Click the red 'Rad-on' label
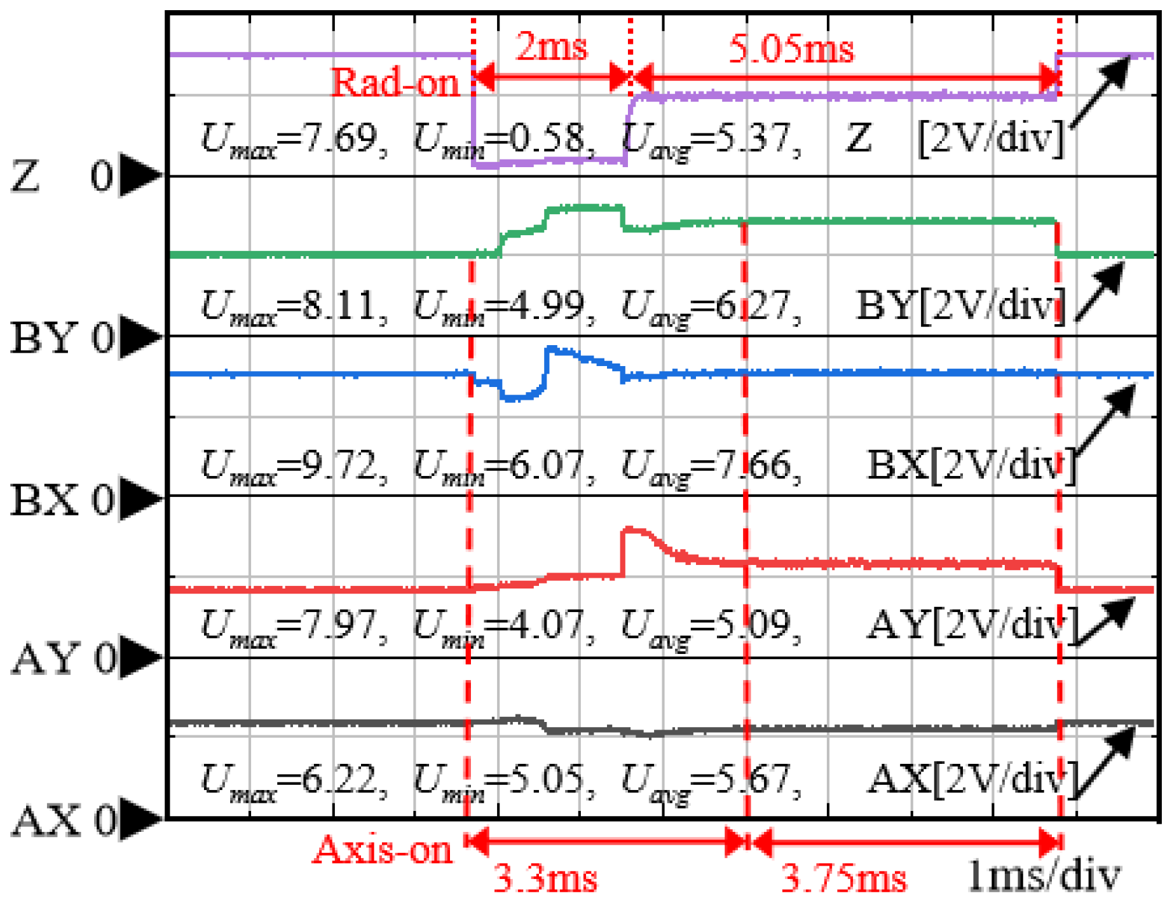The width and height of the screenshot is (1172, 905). click(395, 83)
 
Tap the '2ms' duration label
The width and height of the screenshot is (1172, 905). click(551, 46)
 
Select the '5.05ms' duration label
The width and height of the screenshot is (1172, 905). click(791, 48)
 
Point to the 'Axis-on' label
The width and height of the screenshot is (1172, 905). click(382, 849)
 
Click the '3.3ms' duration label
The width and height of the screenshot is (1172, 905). click(545, 880)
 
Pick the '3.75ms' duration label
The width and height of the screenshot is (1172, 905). click(844, 880)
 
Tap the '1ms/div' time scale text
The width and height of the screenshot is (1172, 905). click(1043, 877)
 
